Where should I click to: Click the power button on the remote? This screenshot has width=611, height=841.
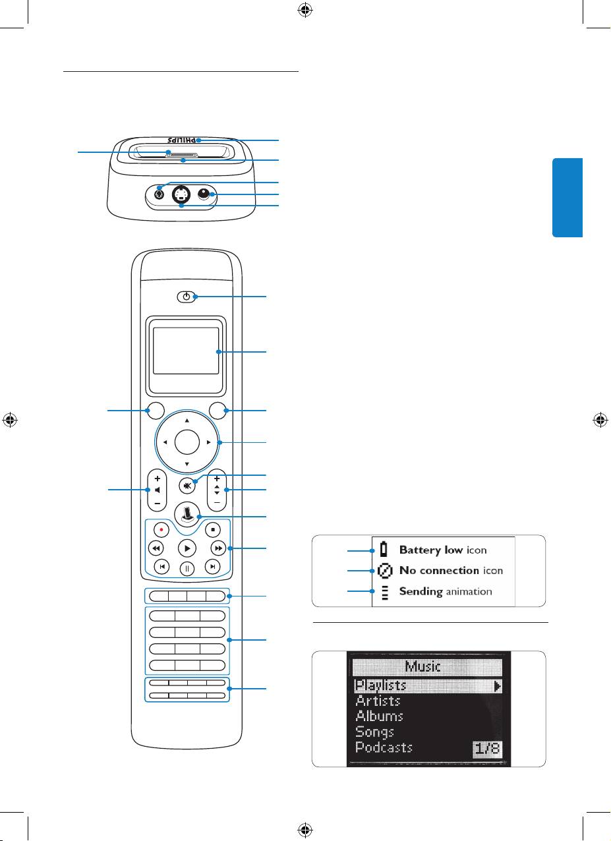(x=187, y=297)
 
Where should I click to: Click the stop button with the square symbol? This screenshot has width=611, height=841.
(x=212, y=529)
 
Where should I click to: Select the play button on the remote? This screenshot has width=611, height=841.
(x=187, y=548)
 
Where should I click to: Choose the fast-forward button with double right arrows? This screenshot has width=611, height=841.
(x=217, y=548)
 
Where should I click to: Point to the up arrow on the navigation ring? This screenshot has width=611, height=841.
(x=187, y=420)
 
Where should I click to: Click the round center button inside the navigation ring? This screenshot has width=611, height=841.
(x=187, y=442)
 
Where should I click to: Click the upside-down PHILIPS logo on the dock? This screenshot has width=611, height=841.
(x=180, y=141)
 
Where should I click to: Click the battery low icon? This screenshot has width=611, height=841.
(x=384, y=550)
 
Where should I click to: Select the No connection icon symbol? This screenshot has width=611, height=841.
(x=384, y=570)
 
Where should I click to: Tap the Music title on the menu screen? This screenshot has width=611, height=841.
(x=428, y=667)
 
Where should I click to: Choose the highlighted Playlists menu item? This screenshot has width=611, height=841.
(x=381, y=685)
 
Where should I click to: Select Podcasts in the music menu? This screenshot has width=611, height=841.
(x=384, y=747)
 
